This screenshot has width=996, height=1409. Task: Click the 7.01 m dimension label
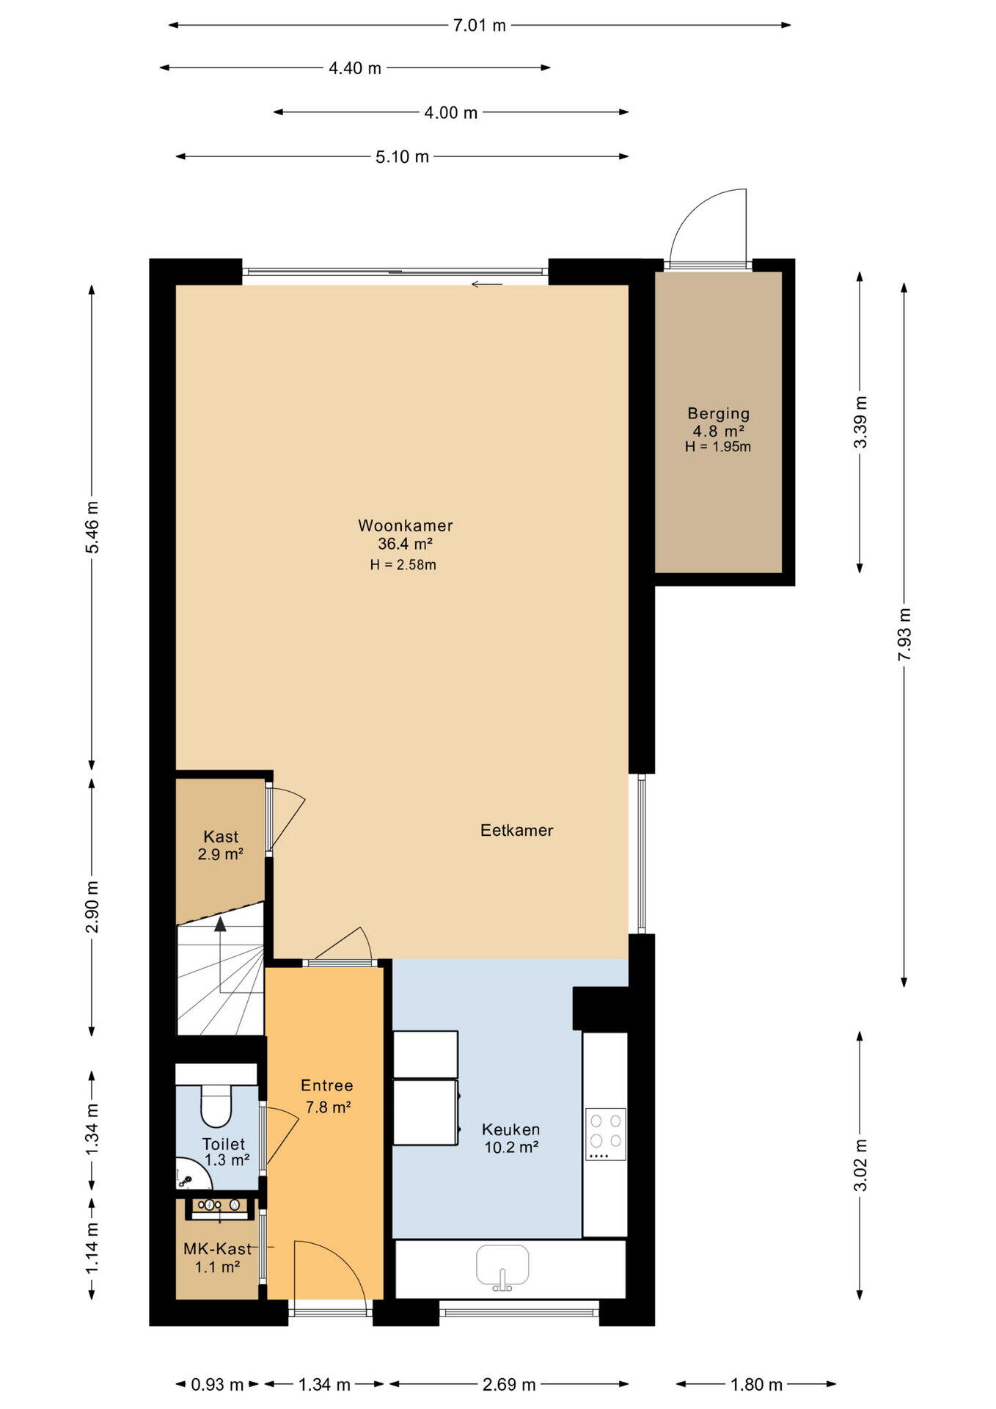tap(479, 26)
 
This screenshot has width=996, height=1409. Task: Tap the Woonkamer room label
tap(405, 525)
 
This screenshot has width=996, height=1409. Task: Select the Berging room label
tap(718, 414)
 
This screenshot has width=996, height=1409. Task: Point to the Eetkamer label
tap(516, 830)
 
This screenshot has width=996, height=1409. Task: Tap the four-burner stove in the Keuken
tap(605, 1134)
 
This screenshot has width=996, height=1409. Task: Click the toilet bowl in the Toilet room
tap(216, 1105)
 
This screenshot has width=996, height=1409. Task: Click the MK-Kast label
tap(217, 1249)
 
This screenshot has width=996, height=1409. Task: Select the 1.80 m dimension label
tap(756, 1385)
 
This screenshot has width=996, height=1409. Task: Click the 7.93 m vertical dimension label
tap(904, 634)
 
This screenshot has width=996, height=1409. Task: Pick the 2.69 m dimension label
tap(509, 1385)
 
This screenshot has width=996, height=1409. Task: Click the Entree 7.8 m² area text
tap(328, 1107)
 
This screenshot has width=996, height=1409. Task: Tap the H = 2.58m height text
tap(403, 565)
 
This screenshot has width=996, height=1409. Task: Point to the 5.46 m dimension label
tap(92, 527)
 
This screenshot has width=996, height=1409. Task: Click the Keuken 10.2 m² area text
tap(511, 1148)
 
